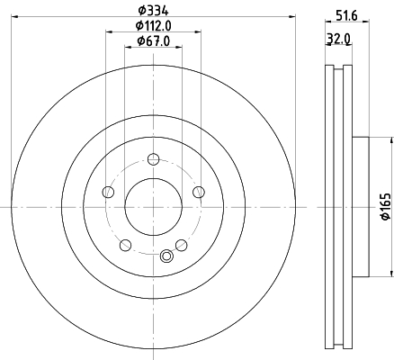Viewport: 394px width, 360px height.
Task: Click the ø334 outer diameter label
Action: point(153,9)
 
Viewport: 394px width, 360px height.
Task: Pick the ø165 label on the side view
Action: point(386,206)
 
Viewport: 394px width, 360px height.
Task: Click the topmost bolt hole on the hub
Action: point(153,159)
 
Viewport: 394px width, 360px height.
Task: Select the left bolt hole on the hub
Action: point(109,191)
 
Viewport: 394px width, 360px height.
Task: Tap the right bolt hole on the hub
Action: point(197,191)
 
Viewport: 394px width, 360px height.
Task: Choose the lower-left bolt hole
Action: point(125,244)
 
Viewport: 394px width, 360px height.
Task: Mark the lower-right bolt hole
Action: point(181,244)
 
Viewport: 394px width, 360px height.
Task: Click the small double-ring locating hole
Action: point(166,256)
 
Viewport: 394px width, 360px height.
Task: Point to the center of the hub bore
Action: point(153,206)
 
